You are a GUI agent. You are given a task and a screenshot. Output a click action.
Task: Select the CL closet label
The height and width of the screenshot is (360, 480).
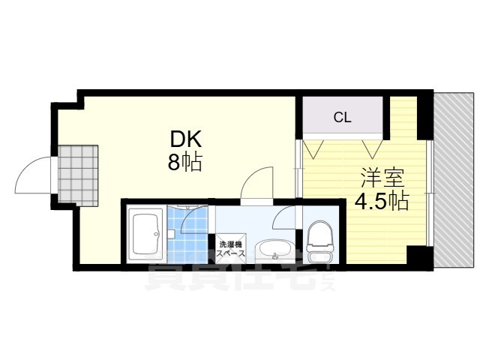[x=342, y=117]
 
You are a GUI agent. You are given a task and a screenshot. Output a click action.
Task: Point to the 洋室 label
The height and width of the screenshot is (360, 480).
[x=382, y=178]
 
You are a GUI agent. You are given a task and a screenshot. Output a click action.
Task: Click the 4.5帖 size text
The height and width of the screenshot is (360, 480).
[x=382, y=201]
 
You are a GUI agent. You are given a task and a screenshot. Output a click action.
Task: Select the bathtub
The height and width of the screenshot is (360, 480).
[x=145, y=232]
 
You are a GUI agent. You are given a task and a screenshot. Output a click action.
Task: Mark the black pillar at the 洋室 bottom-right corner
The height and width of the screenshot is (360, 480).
[x=420, y=257]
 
